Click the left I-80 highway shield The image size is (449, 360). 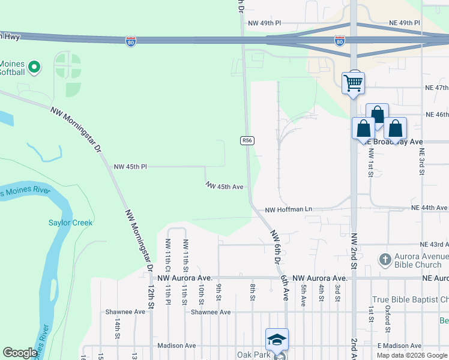click(131, 41)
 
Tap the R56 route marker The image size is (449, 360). click(247, 140)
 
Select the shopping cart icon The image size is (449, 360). click(354, 82)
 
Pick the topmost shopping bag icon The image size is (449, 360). click(377, 114)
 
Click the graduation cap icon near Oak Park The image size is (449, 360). click(277, 340)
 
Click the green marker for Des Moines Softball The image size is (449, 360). click(34, 67)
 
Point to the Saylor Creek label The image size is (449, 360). click(71, 223)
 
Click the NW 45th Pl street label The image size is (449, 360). click(130, 166)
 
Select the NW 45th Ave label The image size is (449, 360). click(224, 187)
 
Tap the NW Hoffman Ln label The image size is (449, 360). click(289, 209)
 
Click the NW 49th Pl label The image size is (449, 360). click(264, 23)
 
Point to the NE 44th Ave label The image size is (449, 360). click(429, 208)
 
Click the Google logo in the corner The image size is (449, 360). click(20, 353)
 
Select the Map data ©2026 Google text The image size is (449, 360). click(412, 355)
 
